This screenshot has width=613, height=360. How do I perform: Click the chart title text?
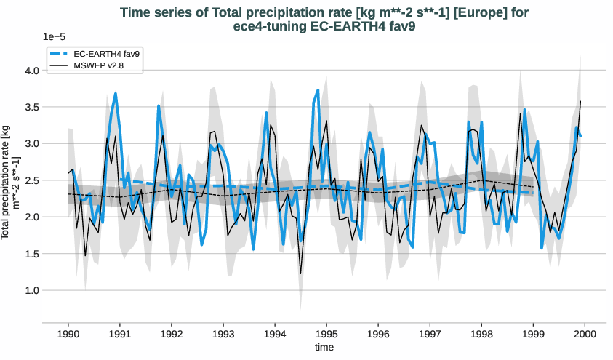click(x=324, y=20)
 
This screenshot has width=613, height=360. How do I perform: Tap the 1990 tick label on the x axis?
click(x=68, y=334)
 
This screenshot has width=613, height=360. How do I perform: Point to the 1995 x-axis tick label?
click(x=326, y=334)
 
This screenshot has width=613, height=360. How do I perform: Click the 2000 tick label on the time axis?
click(x=585, y=334)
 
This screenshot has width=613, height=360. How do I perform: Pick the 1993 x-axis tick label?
click(x=223, y=334)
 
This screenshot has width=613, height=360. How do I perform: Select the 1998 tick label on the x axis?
click(x=481, y=334)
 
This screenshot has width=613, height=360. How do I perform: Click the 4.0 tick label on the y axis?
click(x=31, y=71)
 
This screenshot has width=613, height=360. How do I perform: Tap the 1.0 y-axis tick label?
click(x=31, y=290)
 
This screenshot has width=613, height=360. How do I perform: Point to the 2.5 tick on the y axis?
click(x=31, y=180)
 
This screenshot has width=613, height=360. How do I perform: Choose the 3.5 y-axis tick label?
click(x=31, y=108)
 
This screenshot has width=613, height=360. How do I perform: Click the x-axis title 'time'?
click(x=324, y=348)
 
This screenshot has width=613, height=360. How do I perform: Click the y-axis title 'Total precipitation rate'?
click(x=10, y=182)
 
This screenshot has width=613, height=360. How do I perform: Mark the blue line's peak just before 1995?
click(x=318, y=90)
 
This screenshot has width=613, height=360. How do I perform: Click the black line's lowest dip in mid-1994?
click(x=300, y=273)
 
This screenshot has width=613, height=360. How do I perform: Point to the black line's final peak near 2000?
click(x=581, y=101)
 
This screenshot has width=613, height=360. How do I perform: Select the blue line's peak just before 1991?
click(x=116, y=94)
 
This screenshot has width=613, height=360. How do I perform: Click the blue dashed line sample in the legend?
click(x=60, y=54)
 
